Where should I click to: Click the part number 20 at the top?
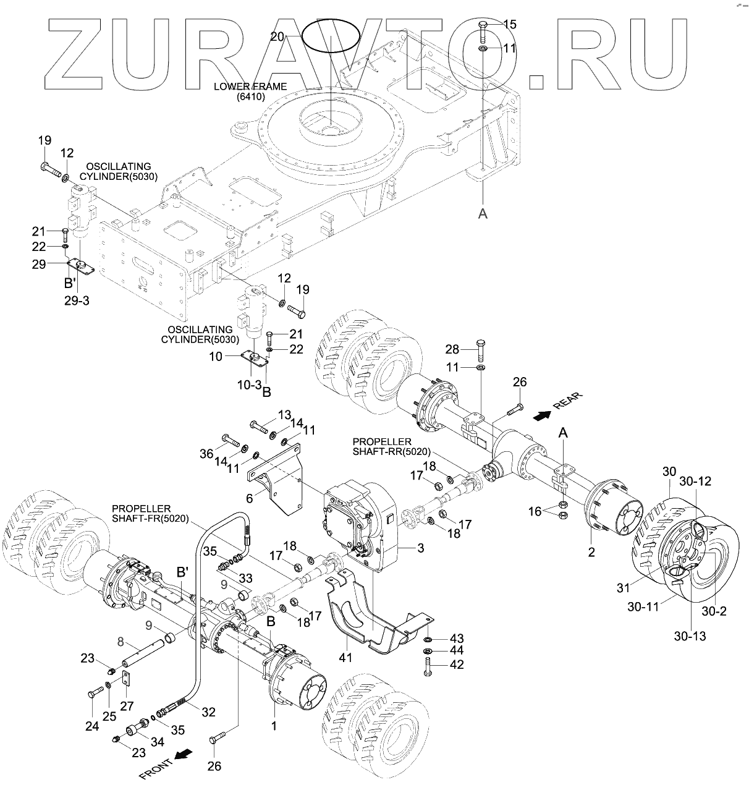(277, 36)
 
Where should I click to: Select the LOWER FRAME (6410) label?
(242, 91)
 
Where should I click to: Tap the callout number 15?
(510, 24)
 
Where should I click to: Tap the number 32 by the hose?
(209, 712)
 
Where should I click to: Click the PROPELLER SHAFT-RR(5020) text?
(381, 446)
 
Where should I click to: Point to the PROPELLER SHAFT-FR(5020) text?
(150, 513)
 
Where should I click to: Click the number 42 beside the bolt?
(455, 665)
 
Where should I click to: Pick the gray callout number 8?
(121, 641)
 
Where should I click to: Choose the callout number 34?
(158, 742)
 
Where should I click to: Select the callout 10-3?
(250, 384)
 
